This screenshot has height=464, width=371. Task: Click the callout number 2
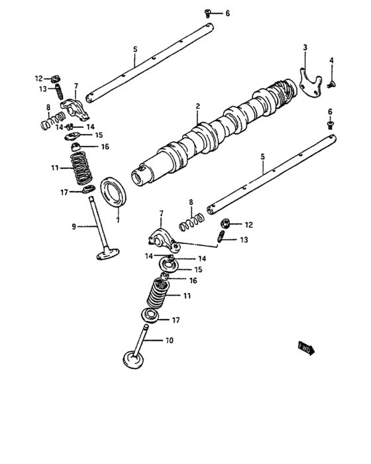pyautogui.click(x=197, y=106)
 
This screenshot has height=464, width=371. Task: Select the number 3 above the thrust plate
pyautogui.click(x=305, y=47)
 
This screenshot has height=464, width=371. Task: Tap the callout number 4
pyautogui.click(x=332, y=60)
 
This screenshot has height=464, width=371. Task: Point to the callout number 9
pyautogui.click(x=74, y=227)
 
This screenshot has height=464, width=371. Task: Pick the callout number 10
pyautogui.click(x=168, y=341)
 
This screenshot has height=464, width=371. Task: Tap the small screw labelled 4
pyautogui.click(x=332, y=82)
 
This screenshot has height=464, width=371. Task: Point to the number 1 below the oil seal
pyautogui.click(x=118, y=219)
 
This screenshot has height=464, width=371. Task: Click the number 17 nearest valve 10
pyautogui.click(x=176, y=320)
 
